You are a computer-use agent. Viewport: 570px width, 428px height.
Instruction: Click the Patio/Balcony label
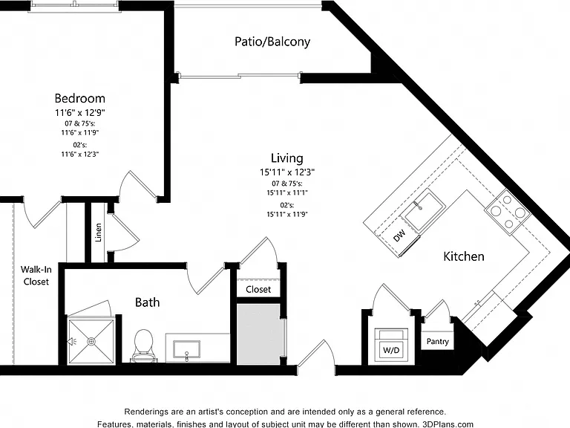[x=272, y=42]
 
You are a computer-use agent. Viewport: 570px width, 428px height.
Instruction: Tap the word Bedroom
[x=80, y=98]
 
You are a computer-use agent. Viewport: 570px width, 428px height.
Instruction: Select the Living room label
[x=286, y=158]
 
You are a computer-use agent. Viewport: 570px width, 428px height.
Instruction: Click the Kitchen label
[x=463, y=256]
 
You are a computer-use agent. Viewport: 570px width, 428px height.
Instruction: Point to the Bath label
[x=147, y=302]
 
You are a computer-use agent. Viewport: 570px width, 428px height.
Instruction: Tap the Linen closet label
[x=98, y=233]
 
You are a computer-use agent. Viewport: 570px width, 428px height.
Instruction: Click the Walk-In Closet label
[x=36, y=276]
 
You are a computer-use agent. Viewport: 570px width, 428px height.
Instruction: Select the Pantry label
[x=438, y=341]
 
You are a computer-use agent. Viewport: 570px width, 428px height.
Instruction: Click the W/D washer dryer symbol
[x=391, y=346]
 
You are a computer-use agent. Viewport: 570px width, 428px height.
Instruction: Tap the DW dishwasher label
[x=399, y=236]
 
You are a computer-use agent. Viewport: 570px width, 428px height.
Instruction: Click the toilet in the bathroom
[x=143, y=346]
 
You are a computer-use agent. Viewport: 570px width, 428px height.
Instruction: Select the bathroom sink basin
[x=186, y=350]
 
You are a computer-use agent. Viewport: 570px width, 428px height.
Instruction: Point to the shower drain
[x=91, y=341]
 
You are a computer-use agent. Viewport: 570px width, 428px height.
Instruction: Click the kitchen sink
[x=424, y=211]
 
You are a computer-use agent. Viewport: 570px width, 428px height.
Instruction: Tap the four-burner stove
[x=508, y=211]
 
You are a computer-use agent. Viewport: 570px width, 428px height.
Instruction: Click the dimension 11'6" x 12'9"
[x=80, y=113]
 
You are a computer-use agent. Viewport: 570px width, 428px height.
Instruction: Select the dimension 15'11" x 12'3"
[x=286, y=172]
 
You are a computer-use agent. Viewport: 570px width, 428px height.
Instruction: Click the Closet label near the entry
[x=258, y=289]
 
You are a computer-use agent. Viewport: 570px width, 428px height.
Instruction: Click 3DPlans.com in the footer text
[x=448, y=424]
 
